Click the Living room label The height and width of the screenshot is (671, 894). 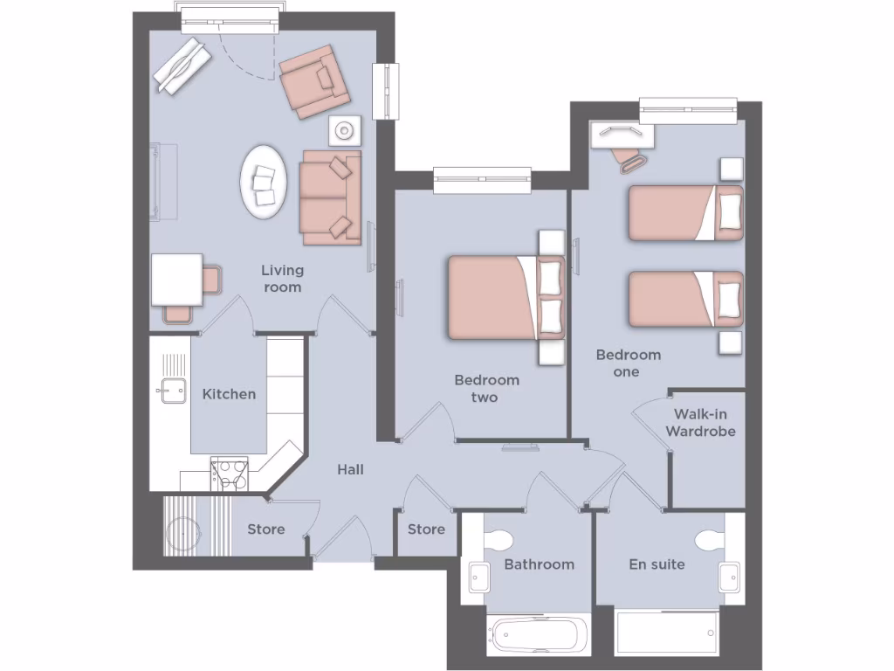tap(282, 279)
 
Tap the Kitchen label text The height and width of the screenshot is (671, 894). tap(229, 394)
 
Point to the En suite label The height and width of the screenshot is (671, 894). tap(657, 564)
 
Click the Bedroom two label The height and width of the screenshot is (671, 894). tap(486, 389)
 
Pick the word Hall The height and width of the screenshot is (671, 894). tap(350, 470)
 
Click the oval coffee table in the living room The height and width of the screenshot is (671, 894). tap(264, 182)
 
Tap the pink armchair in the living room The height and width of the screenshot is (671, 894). tap(313, 80)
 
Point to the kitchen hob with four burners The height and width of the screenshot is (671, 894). tap(229, 474)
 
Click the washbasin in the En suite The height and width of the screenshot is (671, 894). tap(731, 577)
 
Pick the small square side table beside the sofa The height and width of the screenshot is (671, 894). tap(345, 131)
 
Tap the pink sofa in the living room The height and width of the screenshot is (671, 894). tap(331, 198)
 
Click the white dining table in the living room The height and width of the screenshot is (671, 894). tap(177, 279)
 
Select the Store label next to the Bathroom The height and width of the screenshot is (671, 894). tap(426, 529)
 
